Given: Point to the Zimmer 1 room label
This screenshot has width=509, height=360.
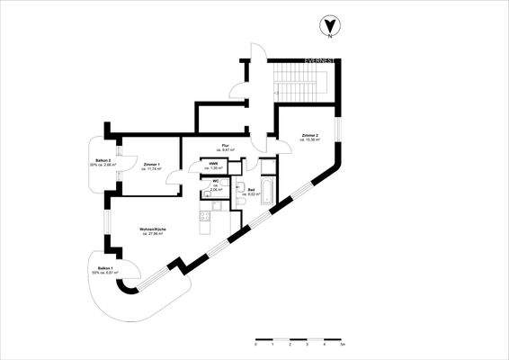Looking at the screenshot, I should (x=151, y=166).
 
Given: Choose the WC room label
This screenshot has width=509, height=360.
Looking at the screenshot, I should (x=216, y=184).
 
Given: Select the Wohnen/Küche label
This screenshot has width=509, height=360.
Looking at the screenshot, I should (x=151, y=230).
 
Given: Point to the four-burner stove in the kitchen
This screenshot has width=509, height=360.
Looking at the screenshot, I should (x=203, y=216).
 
